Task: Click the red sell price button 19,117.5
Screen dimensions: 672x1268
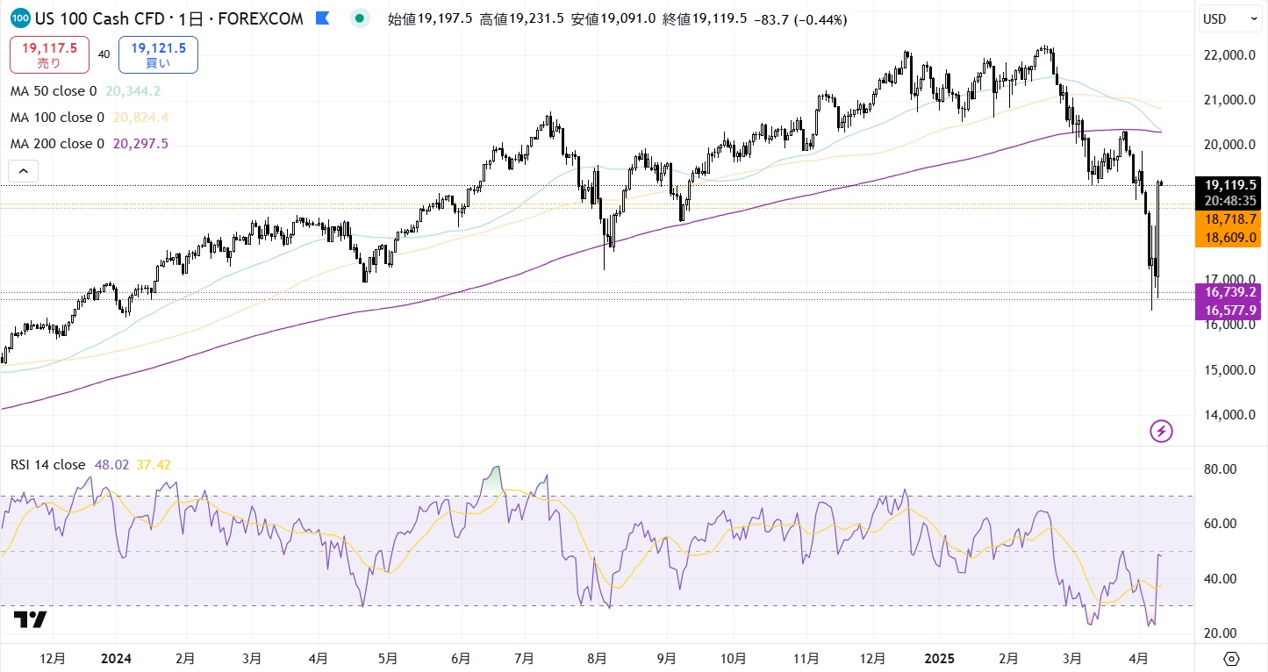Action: [49, 54]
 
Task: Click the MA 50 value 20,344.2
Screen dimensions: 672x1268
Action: [133, 91]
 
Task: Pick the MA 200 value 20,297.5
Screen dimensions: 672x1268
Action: [140, 144]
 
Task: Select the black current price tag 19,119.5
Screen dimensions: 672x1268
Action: [1231, 185]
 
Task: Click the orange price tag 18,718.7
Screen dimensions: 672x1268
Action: [1231, 218]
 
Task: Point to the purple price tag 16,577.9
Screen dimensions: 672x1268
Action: [1231, 310]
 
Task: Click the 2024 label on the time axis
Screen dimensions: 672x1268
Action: [115, 658]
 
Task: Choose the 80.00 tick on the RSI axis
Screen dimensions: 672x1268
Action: [1219, 469]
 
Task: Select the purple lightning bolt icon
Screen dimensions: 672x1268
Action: [1161, 431]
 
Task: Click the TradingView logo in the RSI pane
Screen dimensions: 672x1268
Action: [30, 619]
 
